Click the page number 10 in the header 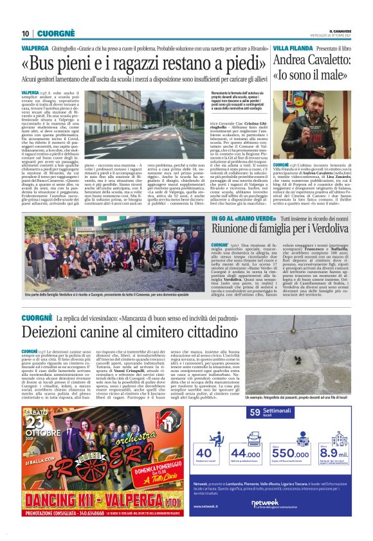pyautogui.click(x=25, y=33)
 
